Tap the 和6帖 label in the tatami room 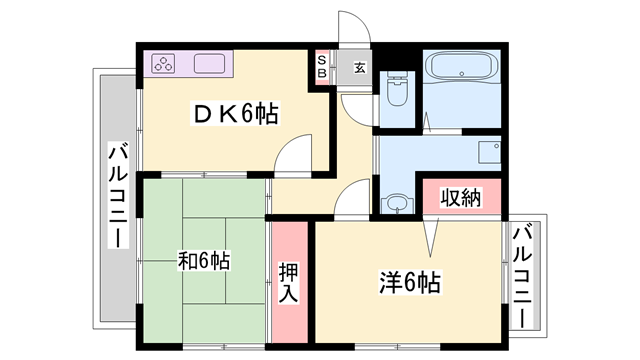coord(204,261)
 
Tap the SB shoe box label coord(322,66)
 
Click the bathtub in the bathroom coord(461,68)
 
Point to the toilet coord(397,88)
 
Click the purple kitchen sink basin coord(213,65)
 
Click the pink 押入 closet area coord(288,285)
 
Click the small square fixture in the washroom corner coord(490,152)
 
